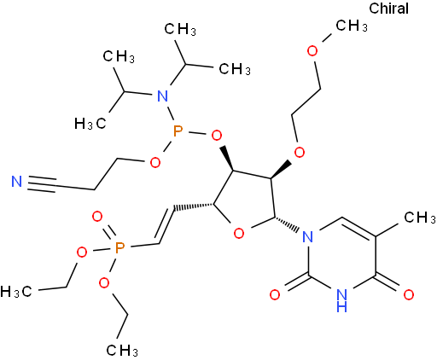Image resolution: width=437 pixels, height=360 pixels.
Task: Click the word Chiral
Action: pos(388,9)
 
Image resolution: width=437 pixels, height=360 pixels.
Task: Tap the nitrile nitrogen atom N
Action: pos(16,181)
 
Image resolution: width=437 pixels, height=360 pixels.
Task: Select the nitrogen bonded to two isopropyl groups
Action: pos(162,96)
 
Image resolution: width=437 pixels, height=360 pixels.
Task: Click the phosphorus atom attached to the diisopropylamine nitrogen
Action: pos(178,132)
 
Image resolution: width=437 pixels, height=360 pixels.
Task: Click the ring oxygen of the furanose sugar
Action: pos(239,233)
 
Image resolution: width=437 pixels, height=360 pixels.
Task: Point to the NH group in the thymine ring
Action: pos(341,300)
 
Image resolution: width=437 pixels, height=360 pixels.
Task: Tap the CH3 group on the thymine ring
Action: pos(420,218)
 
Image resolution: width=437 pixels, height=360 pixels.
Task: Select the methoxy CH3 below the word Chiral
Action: pos(352,26)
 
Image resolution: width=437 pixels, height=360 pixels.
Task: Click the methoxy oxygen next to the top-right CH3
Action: pos(312,50)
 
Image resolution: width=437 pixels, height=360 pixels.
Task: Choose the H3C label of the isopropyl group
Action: pos(90,124)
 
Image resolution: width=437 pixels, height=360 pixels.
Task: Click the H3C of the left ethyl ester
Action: pos(16,292)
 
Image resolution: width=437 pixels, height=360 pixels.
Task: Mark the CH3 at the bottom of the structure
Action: pos(122,350)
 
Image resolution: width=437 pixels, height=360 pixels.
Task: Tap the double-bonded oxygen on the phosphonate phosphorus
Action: pos(97,217)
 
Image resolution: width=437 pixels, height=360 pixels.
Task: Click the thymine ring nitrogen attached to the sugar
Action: pos(307,236)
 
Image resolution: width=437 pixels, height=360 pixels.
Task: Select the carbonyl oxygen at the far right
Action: pos(409,295)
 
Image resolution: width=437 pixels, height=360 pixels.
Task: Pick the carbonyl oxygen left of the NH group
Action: pos(275,295)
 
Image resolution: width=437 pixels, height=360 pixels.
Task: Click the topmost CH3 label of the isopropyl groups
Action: pos(180,29)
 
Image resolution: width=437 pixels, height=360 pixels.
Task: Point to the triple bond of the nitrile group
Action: pos(42,184)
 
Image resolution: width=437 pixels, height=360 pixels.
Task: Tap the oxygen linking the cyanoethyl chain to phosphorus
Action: pos(155,163)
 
